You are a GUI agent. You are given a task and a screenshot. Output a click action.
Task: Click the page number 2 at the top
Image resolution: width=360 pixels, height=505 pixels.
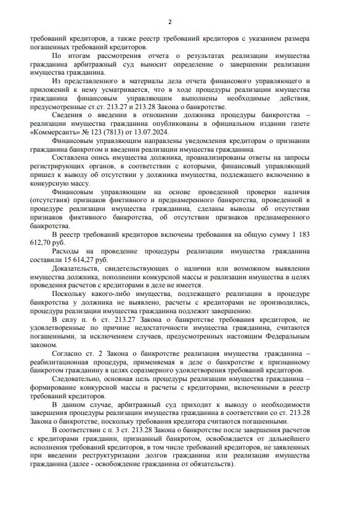179,20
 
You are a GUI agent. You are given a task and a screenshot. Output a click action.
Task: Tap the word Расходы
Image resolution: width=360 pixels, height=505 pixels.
67,252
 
